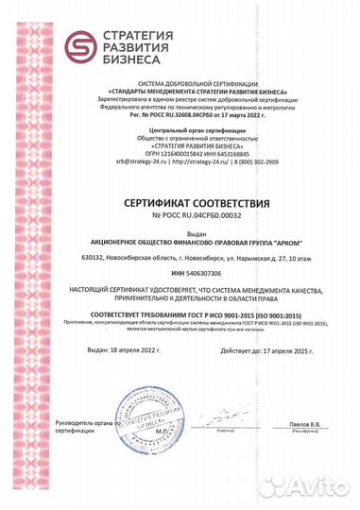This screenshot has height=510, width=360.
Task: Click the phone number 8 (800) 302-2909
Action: tap(231, 161)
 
